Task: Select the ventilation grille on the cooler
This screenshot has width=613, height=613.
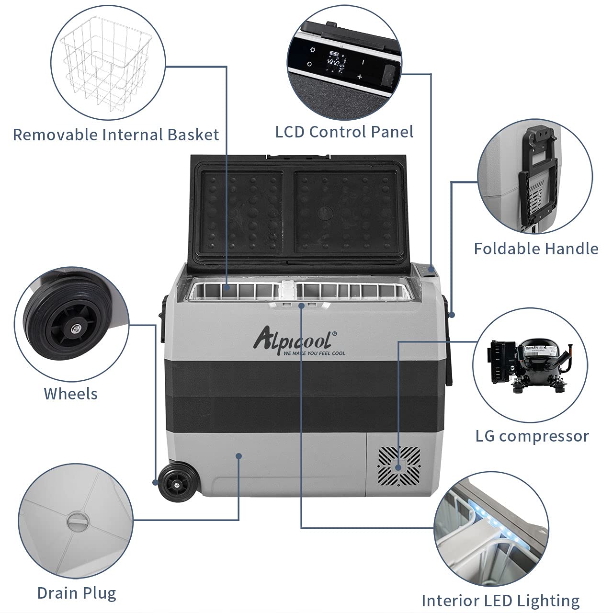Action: click(x=399, y=465)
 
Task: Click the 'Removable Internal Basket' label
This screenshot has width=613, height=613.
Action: click(x=115, y=135)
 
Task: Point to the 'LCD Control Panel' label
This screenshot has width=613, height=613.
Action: click(x=344, y=132)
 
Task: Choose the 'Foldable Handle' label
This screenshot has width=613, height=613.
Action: click(x=536, y=249)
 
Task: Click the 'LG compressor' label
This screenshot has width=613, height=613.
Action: click(x=532, y=436)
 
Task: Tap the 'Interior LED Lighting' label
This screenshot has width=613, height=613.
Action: click(x=500, y=600)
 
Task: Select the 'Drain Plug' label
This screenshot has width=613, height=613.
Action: click(x=77, y=593)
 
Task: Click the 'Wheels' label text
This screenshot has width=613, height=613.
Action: click(x=71, y=394)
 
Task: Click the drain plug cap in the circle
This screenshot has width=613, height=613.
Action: click(x=76, y=520)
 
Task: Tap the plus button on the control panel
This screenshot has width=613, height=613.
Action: click(x=360, y=76)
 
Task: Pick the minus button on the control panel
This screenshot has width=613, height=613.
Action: click(x=363, y=62)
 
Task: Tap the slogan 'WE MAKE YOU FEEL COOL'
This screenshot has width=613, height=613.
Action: click(x=314, y=353)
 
